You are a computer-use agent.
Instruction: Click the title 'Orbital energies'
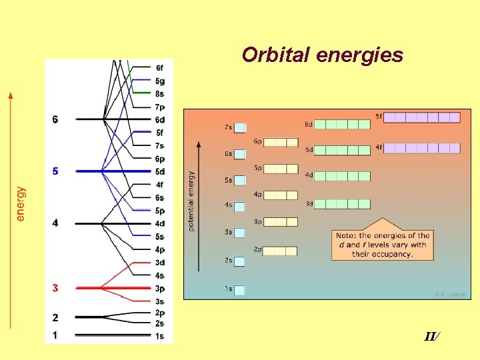pyautogui.click(x=322, y=55)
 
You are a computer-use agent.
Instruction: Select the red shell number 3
pyautogui.click(x=55, y=288)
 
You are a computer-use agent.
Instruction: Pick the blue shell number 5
pyautogui.click(x=55, y=171)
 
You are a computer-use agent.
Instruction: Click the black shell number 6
pyautogui.click(x=55, y=119)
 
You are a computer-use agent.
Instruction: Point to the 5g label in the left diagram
pyautogui.click(x=160, y=81)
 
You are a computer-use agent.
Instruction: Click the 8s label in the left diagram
pyautogui.click(x=160, y=94)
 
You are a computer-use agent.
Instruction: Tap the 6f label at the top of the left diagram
pyautogui.click(x=160, y=68)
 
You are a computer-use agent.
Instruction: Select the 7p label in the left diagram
pyautogui.click(x=160, y=107)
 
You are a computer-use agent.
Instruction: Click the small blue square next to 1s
pyautogui.click(x=239, y=290)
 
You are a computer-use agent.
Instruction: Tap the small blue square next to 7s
pyautogui.click(x=239, y=127)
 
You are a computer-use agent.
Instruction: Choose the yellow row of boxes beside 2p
pyautogui.click(x=280, y=251)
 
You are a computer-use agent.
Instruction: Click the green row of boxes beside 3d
pyautogui.click(x=342, y=204)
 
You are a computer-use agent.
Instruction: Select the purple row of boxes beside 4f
pyautogui.click(x=422, y=148)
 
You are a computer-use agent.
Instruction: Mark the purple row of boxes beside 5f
pyautogui.click(x=422, y=117)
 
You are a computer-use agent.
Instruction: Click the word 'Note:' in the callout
pyautogui.click(x=347, y=235)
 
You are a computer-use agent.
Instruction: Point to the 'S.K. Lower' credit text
pyautogui.click(x=450, y=294)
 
